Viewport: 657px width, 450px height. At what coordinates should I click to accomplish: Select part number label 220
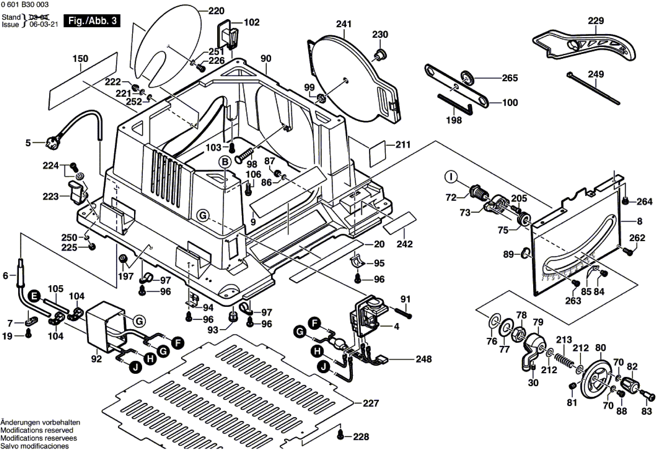(x=216, y=11)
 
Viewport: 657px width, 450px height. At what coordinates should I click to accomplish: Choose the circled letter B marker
(x=225, y=162)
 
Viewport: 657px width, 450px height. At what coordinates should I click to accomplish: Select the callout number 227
(x=371, y=403)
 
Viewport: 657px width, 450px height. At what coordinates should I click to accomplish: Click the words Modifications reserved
(x=37, y=430)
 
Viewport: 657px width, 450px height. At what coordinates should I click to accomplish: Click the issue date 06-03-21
(x=44, y=24)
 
